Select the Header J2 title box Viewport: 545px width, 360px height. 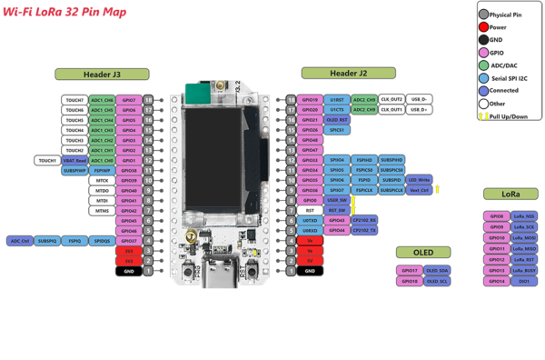click(348, 73)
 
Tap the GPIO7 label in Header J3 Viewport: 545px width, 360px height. click(128, 99)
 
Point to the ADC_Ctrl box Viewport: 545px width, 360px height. click(20, 241)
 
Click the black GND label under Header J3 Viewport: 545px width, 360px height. click(128, 271)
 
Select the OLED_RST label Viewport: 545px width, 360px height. click(337, 120)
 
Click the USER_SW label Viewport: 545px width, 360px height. click(337, 200)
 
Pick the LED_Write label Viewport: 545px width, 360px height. click(420, 180)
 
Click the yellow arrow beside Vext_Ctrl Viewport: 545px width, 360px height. click(438, 189)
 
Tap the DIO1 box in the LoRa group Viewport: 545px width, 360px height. click(524, 281)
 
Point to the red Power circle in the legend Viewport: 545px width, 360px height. click(483, 27)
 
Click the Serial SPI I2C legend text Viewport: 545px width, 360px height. click(513, 77)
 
